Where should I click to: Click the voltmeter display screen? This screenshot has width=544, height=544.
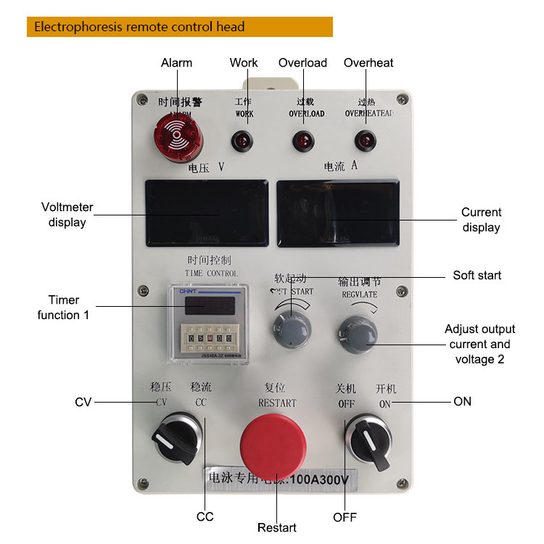click(x=207, y=213)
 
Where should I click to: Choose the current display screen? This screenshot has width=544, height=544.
click(x=338, y=213)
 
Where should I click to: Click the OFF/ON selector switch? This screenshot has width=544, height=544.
click(x=369, y=437)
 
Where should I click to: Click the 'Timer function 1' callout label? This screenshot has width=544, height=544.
click(x=64, y=308)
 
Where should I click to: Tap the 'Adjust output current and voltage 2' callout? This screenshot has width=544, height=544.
click(x=479, y=345)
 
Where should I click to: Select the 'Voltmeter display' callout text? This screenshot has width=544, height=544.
click(x=67, y=215)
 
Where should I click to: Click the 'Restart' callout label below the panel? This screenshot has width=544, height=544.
click(x=277, y=527)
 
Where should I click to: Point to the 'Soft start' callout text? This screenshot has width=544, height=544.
click(x=477, y=275)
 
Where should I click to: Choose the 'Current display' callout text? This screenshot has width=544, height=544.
click(x=481, y=220)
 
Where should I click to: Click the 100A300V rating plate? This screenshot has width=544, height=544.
click(x=279, y=478)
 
